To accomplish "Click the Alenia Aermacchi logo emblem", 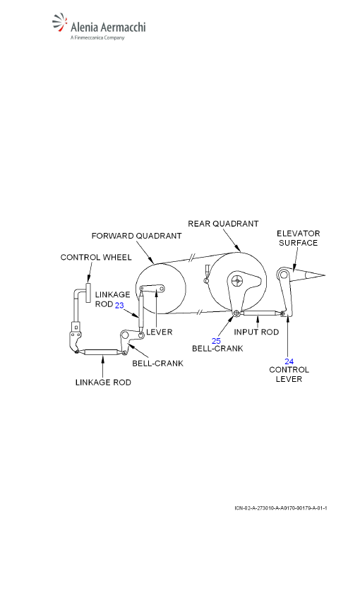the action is click(60, 23).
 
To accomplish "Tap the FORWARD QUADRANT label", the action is click(136, 236).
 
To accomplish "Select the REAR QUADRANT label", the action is click(223, 224).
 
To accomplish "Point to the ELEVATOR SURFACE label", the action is click(299, 238).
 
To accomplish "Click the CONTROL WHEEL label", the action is click(96, 257).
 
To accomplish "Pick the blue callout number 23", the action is click(119, 305).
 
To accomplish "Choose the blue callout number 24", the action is click(289, 361).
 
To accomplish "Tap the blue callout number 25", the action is click(216, 340).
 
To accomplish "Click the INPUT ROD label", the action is click(256, 332).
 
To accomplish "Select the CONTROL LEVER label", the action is click(289, 374).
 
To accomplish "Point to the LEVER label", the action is click(159, 332).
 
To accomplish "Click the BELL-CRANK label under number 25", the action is click(217, 348).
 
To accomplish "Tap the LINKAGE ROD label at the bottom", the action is click(103, 383).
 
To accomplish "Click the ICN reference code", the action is click(281, 508).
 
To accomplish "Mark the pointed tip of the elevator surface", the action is click(325, 275).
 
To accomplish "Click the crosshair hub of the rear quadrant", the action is click(238, 281).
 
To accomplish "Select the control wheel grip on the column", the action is click(88, 292).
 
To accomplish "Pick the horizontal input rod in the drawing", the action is click(258, 313).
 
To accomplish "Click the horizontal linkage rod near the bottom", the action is click(100, 352).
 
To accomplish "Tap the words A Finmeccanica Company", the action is click(97, 37).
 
